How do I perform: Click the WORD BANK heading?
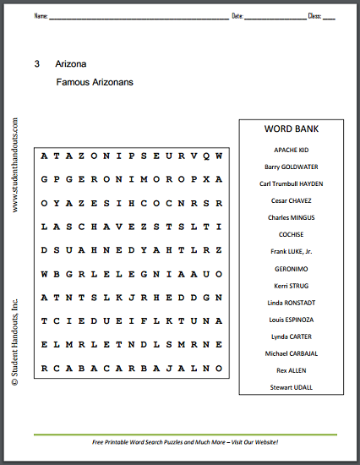[291, 130]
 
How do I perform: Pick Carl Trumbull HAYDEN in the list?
[291, 183]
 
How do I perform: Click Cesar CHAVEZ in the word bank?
[291, 200]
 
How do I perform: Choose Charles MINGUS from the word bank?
[291, 216]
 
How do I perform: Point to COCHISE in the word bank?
[291, 233]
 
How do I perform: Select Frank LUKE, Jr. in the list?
[291, 251]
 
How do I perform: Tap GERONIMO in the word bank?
[291, 268]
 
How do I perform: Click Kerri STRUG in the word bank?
[291, 285]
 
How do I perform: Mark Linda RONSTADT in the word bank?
[291, 302]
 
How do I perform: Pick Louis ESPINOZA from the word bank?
[291, 319]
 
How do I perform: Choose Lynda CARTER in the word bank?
[291, 336]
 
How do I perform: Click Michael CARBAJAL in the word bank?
[291, 353]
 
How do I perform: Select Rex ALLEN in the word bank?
[291, 369]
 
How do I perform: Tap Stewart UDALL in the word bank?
[291, 386]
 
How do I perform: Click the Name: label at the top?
[41, 16]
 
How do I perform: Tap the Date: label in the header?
[237, 16]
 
